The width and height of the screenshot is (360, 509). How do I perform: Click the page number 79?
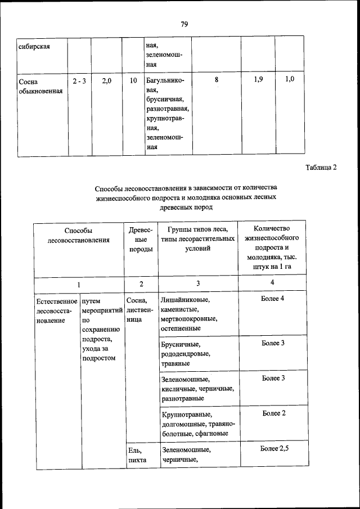[184, 24]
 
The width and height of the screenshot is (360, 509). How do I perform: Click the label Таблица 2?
[321, 168]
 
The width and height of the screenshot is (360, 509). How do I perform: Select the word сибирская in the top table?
[34, 46]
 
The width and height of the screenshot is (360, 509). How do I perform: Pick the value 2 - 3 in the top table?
[79, 81]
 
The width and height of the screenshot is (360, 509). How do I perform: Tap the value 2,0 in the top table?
[106, 81]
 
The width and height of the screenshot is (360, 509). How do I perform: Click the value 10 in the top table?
[133, 81]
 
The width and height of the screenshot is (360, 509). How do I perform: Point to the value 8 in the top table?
[217, 80]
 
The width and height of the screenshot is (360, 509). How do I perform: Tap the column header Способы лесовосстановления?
[78, 235]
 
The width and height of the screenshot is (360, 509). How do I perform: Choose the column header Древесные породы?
[141, 240]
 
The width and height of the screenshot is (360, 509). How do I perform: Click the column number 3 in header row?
[198, 283]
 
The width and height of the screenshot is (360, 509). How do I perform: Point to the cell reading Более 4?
[273, 298]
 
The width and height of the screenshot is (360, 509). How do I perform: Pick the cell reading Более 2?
[273, 413]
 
